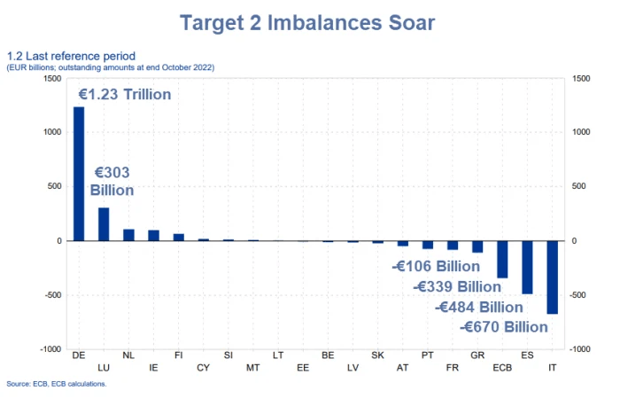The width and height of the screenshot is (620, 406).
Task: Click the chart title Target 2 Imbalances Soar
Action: coord(306,22)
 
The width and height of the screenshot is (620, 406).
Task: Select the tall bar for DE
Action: coord(79,174)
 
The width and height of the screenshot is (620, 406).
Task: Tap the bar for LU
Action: coord(104,224)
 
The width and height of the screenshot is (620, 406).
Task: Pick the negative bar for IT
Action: coord(553,277)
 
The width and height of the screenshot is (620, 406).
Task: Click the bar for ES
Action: coord(528,267)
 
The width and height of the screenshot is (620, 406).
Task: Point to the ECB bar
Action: coord(503,259)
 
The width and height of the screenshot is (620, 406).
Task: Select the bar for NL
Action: coord(128,235)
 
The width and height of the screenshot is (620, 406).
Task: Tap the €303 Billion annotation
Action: coord(112,182)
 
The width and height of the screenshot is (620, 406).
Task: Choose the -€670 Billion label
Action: coord(505,327)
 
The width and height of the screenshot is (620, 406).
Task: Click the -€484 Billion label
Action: coord(479,307)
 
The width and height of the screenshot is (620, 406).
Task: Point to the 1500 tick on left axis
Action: coord(53,78)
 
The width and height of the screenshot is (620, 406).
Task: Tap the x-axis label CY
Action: coord(203,366)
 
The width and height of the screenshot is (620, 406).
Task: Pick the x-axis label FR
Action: coord(453,366)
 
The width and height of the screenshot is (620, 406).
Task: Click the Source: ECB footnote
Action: coord(57,384)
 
